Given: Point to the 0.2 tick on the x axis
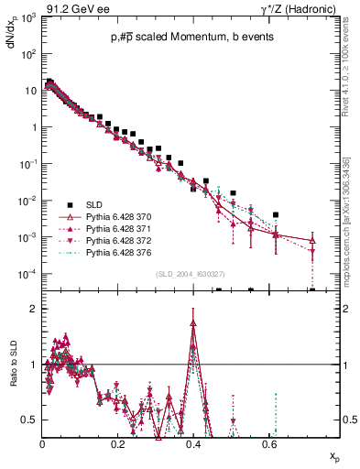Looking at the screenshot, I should [117, 442].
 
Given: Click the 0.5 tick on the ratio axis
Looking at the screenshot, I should [33, 420].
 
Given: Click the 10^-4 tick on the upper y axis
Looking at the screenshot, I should [29, 274].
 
